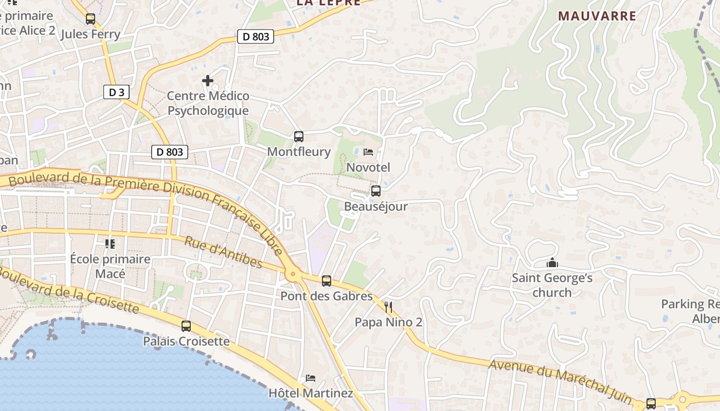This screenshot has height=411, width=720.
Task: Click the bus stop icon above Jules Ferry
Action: point(91,19)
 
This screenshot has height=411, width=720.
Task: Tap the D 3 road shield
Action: point(116,92)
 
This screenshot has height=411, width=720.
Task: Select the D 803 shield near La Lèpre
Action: point(255,36)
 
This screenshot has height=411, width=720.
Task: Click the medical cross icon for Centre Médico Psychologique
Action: point(208,81)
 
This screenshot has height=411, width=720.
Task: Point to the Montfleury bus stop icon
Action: point(298,137)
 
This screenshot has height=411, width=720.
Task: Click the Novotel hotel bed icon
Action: point(368,152)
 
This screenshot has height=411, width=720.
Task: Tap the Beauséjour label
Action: point(375,207)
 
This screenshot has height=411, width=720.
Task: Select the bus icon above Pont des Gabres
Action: point(326,281)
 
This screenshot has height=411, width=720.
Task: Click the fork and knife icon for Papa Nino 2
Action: point(388,307)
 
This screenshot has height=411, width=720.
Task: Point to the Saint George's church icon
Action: point(552,264)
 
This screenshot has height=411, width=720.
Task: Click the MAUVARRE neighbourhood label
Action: point(597,16)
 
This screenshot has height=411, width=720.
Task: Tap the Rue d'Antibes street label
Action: point(223,252)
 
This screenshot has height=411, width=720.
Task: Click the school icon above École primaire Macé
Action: point(110,244)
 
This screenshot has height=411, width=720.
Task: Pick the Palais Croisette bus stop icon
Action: point(186,326)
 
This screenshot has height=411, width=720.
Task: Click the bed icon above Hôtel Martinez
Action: point(310,378)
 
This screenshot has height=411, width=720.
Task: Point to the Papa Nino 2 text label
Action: point(388,322)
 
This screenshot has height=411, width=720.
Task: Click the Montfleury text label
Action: point(298,152)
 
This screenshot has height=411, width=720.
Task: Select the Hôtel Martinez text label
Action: point(311,394)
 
